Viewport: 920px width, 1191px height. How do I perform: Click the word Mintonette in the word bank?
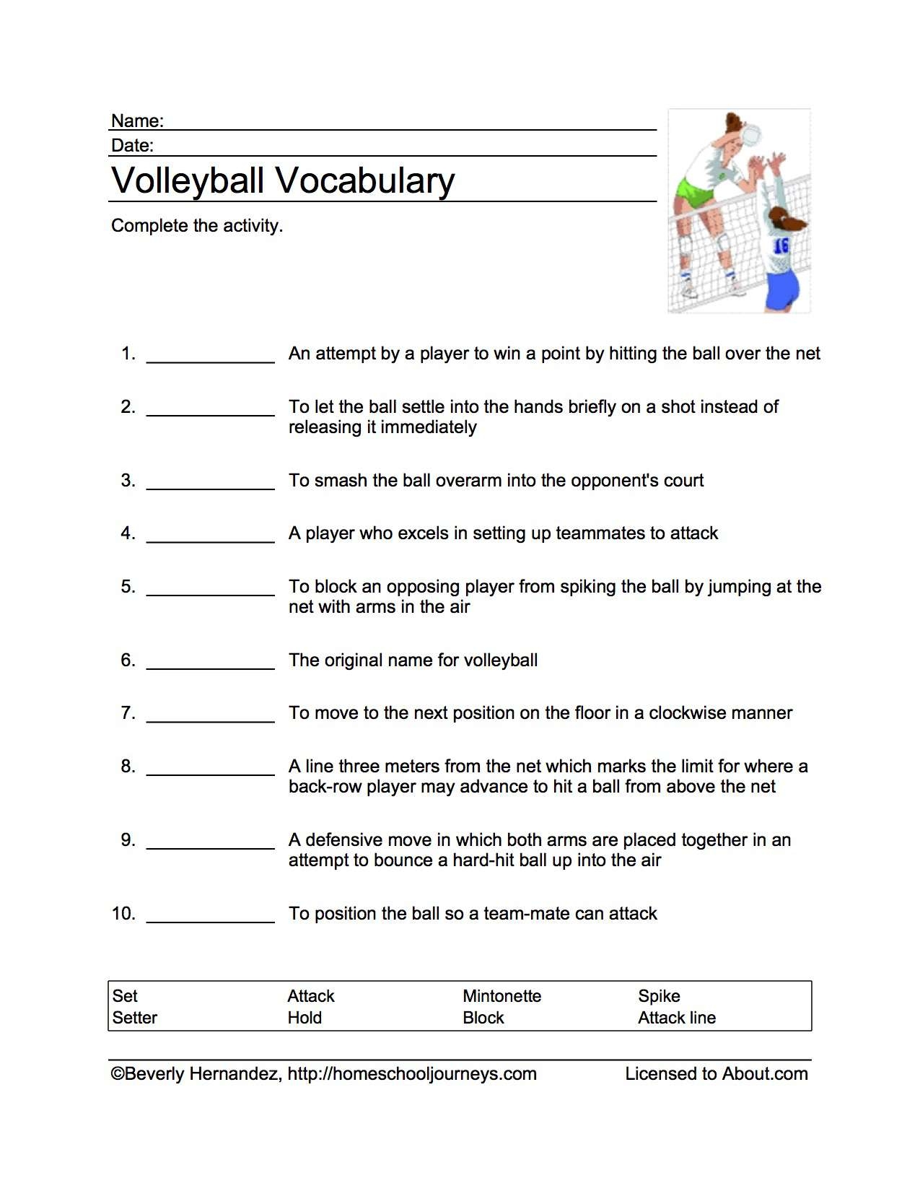tap(501, 996)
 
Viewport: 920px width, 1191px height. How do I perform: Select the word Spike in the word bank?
tap(659, 996)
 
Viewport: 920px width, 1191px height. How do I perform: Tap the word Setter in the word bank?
tap(134, 1018)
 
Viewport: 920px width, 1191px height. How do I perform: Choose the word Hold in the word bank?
tap(305, 1018)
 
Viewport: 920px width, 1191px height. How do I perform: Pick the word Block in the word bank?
tap(483, 1018)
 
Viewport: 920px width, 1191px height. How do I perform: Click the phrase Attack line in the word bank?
tap(677, 1018)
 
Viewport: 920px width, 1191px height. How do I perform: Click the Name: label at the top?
tap(137, 121)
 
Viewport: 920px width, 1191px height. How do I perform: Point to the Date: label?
tap(132, 145)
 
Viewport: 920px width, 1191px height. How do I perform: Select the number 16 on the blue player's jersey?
tap(781, 246)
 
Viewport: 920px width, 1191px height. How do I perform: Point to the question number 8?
tap(128, 767)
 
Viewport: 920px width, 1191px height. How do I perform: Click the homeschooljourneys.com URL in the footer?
tap(412, 1074)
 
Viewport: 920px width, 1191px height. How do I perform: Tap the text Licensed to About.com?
tap(716, 1074)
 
